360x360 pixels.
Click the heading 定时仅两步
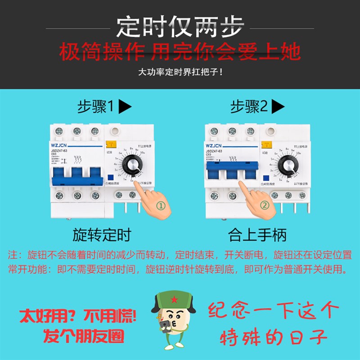point(180,27)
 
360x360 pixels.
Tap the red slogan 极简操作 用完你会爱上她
point(180,52)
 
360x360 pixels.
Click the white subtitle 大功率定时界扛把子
point(180,72)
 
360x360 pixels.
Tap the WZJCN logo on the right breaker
point(214,146)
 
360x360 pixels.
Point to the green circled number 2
point(265,205)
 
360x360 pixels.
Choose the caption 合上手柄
point(257,235)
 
